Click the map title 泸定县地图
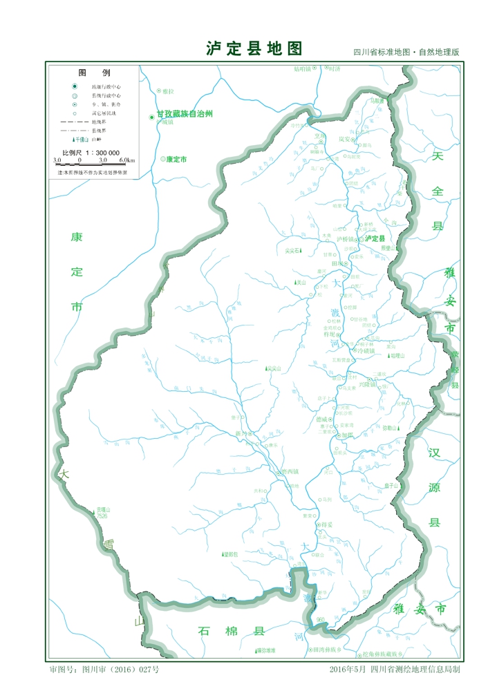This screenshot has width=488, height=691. pyautogui.click(x=254, y=48)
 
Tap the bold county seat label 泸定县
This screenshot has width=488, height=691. pyautogui.click(x=375, y=238)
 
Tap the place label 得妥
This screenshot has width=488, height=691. pyautogui.click(x=326, y=525)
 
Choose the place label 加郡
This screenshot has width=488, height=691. pyautogui.click(x=347, y=435)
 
